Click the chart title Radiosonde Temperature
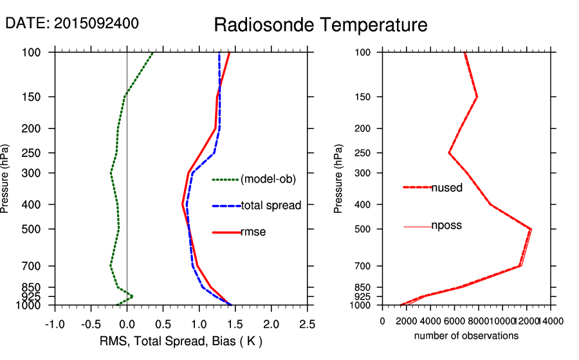pyautogui.click(x=320, y=25)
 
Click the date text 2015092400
pyautogui.click(x=71, y=23)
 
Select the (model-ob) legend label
pyautogui.click(x=268, y=179)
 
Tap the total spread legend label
pyautogui.click(x=270, y=206)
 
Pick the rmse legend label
pyautogui.click(x=253, y=231)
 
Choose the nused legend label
pyautogui.click(x=446, y=187)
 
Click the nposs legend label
pyautogui.click(x=446, y=226)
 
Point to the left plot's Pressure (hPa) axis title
pyautogui.click(x=6, y=179)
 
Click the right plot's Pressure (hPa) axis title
pyautogui.click(x=338, y=179)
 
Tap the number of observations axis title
pyautogui.click(x=466, y=336)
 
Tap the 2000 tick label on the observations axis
pyautogui.click(x=407, y=321)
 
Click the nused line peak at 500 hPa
pyautogui.click(x=531, y=229)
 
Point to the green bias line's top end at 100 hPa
pyautogui.click(x=152, y=53)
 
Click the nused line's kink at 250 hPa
pyautogui.click(x=449, y=153)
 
